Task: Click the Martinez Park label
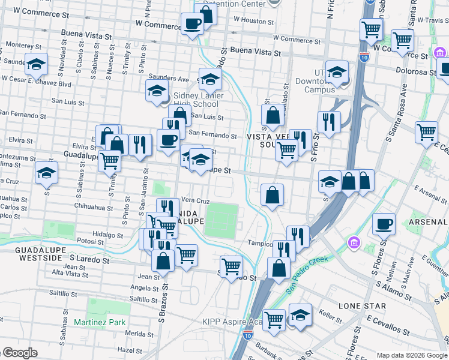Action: (100, 322)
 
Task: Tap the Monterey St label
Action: (22, 45)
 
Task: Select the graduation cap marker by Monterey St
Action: (37, 63)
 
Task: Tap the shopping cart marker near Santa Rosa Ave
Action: (426, 131)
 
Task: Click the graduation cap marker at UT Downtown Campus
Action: (337, 71)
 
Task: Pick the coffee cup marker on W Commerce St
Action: (191, 24)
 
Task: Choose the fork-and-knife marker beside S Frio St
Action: (328, 122)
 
